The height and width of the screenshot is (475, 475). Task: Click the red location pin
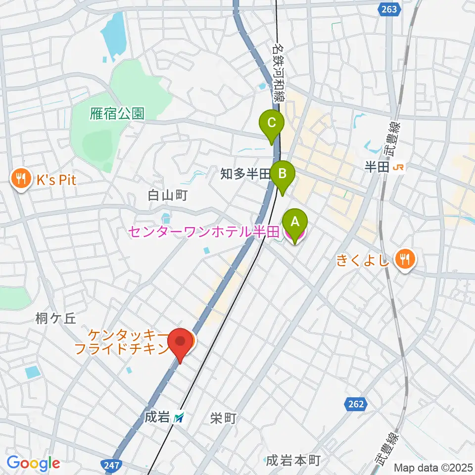coord(180,343)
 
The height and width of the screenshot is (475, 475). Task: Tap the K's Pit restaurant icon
coord(20,180)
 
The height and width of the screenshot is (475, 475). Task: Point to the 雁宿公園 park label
coord(117,114)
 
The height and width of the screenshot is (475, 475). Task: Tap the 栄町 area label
coord(223,419)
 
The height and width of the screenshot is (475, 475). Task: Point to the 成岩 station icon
coord(179,418)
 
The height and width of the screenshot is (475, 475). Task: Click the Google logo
coord(33,464)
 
